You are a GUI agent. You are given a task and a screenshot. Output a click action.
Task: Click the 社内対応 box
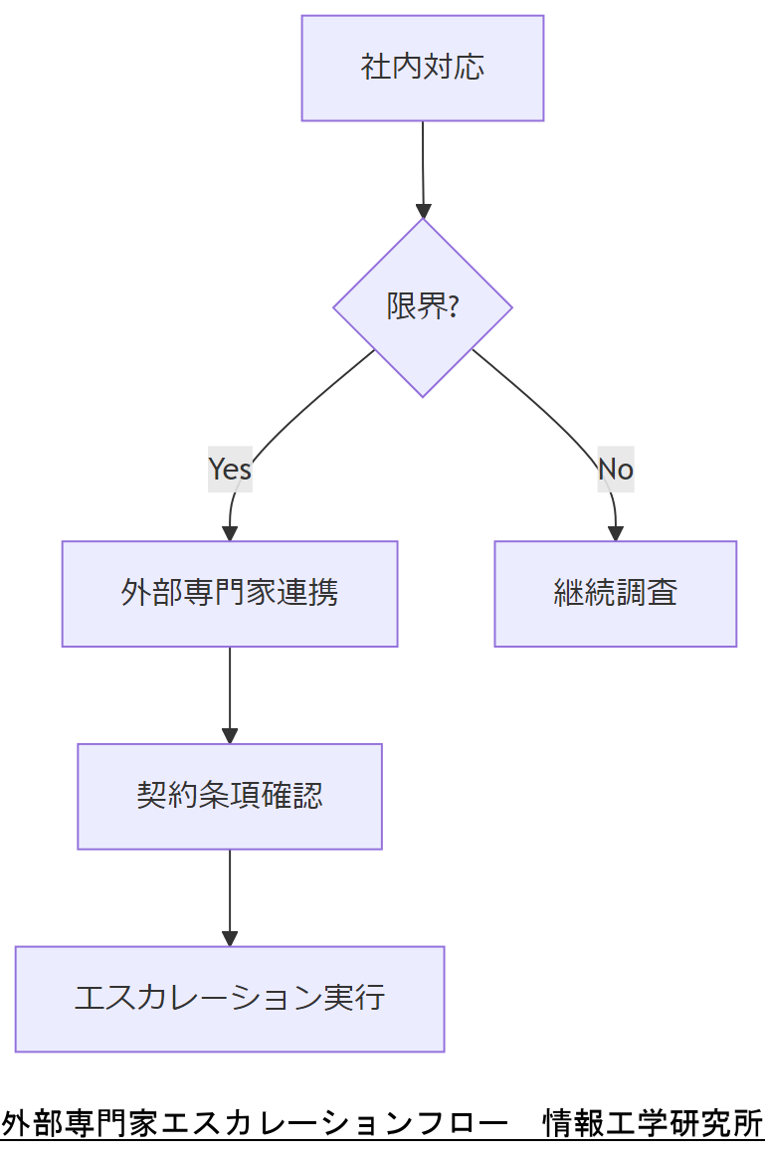423,68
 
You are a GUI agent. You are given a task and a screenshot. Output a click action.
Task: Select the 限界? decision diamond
423,307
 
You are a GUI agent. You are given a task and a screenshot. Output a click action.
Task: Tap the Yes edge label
230,469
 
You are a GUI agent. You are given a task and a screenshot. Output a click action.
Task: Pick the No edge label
615,469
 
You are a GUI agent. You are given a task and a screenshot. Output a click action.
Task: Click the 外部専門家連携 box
230,594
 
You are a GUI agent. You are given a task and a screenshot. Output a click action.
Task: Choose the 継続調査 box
615,594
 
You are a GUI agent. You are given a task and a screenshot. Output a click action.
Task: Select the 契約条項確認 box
230,796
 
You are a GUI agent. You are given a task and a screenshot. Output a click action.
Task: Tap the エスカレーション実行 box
230,998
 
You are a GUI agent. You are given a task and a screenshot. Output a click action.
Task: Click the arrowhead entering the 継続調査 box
615,533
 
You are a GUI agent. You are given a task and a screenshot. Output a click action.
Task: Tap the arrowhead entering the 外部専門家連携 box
230,533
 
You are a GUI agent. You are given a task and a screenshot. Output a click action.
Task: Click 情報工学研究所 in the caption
653,1123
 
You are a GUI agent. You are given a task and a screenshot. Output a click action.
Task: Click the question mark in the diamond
454,307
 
